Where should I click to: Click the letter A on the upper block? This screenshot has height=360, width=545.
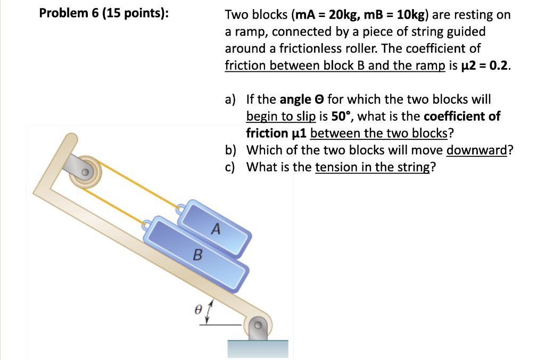215,229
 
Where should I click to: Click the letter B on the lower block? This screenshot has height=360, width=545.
197,255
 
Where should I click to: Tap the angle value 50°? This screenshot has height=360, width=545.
342,116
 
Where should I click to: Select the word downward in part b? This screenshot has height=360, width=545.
477,150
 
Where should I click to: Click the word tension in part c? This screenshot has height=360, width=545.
333,167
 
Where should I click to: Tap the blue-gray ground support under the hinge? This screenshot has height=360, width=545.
258,348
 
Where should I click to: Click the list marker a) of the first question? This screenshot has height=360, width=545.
230,99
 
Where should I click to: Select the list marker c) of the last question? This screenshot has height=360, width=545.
230,167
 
